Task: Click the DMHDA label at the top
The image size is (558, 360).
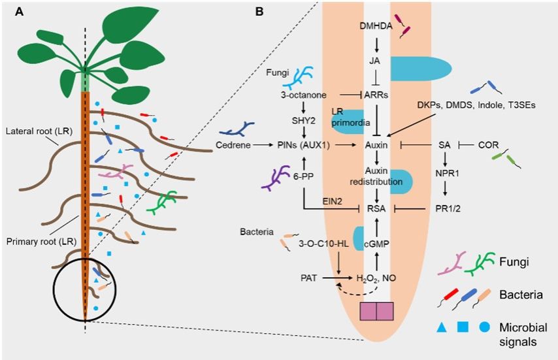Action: click(x=376, y=25)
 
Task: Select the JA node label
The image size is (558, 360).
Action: click(x=376, y=59)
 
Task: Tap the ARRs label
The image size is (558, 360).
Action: click(x=376, y=95)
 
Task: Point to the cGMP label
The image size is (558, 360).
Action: click(x=376, y=244)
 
